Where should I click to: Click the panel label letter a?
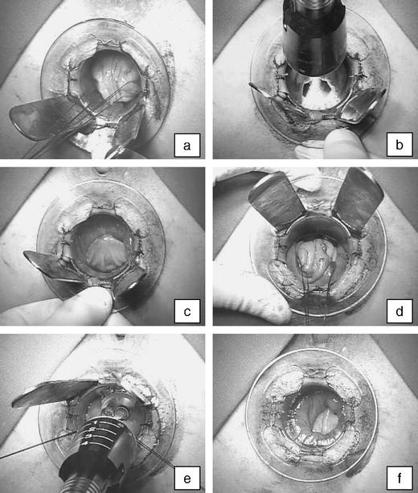click(x=187, y=146)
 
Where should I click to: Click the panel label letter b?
click(x=400, y=146)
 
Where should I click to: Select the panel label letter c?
click(x=187, y=312)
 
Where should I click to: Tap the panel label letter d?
click(x=400, y=311)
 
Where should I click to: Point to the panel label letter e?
click(x=187, y=479)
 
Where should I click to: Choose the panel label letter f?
click(x=400, y=478)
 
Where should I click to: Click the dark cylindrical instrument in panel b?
click(x=314, y=38)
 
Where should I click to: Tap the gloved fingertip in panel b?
click(x=342, y=143)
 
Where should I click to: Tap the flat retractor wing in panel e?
click(x=53, y=393)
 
